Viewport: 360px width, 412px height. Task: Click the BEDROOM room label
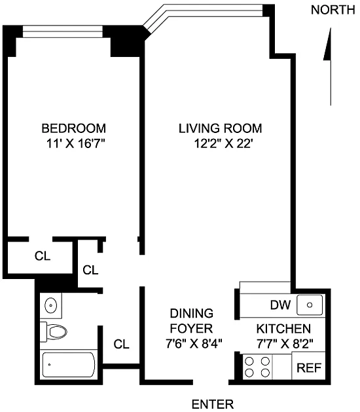point(74,128)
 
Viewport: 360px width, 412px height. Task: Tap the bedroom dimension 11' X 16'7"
point(76,143)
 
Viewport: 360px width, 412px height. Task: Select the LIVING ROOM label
point(221,128)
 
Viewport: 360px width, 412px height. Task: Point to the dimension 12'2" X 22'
point(223,143)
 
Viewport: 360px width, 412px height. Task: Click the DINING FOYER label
point(191,321)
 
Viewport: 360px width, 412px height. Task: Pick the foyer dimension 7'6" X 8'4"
point(194,343)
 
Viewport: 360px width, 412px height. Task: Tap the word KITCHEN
point(283,329)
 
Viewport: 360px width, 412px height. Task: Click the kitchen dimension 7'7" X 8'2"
point(285,343)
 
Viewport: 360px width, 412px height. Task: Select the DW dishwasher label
point(280,305)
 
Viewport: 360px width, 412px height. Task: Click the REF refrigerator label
point(309,368)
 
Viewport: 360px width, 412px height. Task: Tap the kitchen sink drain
point(310,305)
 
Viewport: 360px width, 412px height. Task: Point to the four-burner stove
point(257,367)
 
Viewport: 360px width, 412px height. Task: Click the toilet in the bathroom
point(54,332)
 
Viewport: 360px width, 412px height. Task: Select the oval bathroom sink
point(50,305)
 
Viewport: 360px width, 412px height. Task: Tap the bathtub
point(69,365)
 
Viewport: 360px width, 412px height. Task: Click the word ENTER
point(213,404)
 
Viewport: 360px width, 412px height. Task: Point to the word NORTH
point(333,10)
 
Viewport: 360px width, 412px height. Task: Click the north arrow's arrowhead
point(327,44)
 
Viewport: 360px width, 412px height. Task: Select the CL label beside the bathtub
point(122,344)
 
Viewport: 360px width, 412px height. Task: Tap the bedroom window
point(62,31)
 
